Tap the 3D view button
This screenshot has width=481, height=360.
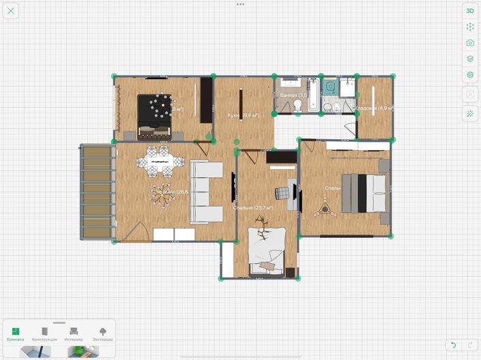(x=470, y=11)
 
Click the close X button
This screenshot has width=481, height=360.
(x=11, y=11)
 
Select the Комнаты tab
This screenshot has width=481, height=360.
(x=16, y=333)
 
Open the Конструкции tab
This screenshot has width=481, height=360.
(x=44, y=333)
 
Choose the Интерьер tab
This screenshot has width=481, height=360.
(x=74, y=333)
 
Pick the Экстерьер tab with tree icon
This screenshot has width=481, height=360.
(x=103, y=333)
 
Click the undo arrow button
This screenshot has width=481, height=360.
(x=453, y=345)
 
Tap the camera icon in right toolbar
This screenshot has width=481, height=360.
(x=470, y=43)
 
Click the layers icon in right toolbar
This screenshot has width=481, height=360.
(x=470, y=59)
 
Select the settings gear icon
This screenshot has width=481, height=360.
(x=470, y=75)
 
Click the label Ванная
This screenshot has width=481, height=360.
(x=289, y=95)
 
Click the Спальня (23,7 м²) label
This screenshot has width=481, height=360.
(x=252, y=207)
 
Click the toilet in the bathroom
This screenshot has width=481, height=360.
(x=298, y=105)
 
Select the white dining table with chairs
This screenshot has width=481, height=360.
(x=160, y=162)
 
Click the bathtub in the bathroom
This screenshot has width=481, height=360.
(x=313, y=95)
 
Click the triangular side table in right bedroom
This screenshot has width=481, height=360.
(x=324, y=208)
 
